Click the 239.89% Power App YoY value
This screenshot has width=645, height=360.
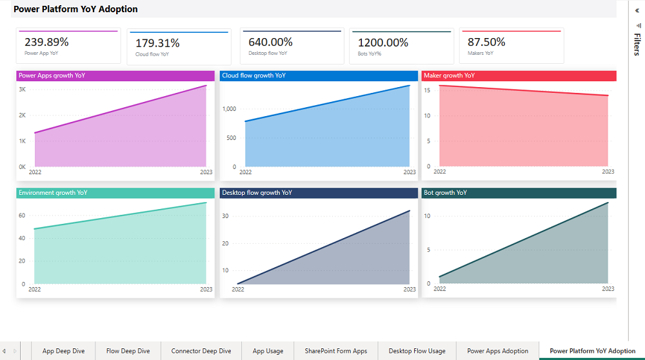click(x=46, y=42)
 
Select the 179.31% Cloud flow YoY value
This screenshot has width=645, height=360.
click(x=157, y=43)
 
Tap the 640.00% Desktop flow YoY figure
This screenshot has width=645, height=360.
click(x=270, y=42)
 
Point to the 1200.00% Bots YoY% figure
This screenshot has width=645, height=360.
click(x=383, y=43)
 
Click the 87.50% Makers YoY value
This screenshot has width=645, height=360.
click(x=486, y=42)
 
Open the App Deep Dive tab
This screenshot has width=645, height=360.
click(x=63, y=351)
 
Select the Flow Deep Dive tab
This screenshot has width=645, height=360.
click(x=128, y=351)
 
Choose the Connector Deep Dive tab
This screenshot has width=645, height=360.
click(x=201, y=351)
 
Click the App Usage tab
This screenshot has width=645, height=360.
click(x=268, y=351)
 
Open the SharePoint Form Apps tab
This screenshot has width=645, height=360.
click(x=336, y=351)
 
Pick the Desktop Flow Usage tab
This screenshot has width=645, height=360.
click(x=417, y=351)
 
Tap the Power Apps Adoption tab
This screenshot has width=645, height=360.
click(x=497, y=351)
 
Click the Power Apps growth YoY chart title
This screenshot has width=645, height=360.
click(x=52, y=75)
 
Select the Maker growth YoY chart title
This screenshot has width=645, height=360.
click(x=449, y=75)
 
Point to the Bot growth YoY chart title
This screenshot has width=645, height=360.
click(x=445, y=193)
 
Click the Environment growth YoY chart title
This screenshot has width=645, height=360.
click(x=53, y=193)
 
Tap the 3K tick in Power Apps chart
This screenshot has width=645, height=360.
click(x=22, y=90)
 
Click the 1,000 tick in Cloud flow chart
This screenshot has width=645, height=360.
click(x=230, y=109)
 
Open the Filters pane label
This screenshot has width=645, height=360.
click(x=637, y=45)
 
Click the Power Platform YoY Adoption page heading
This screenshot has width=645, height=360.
click(x=75, y=10)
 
